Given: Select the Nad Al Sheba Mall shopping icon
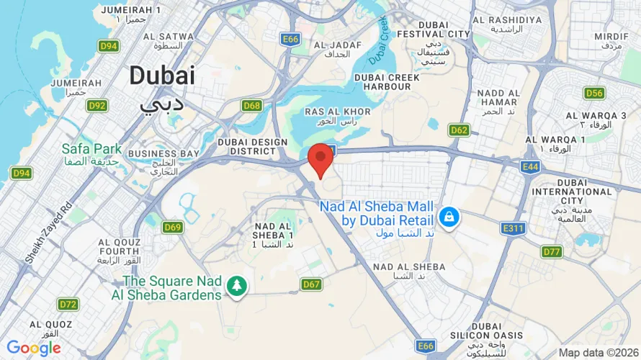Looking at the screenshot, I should [x=448, y=215].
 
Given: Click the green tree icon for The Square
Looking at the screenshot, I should [x=236, y=287].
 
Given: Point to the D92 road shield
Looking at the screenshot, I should [x=97, y=106].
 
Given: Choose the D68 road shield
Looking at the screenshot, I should [x=251, y=106].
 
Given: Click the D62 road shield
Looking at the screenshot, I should [x=459, y=130].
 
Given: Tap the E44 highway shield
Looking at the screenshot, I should [x=531, y=166].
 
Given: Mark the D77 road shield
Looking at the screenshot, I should [x=552, y=251].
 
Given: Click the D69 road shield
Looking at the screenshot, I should [x=172, y=228].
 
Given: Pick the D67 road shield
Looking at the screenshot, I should [x=311, y=284].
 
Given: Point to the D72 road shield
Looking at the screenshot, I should [x=68, y=304].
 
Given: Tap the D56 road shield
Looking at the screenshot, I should [x=594, y=93].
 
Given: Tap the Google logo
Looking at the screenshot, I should [x=33, y=348].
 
